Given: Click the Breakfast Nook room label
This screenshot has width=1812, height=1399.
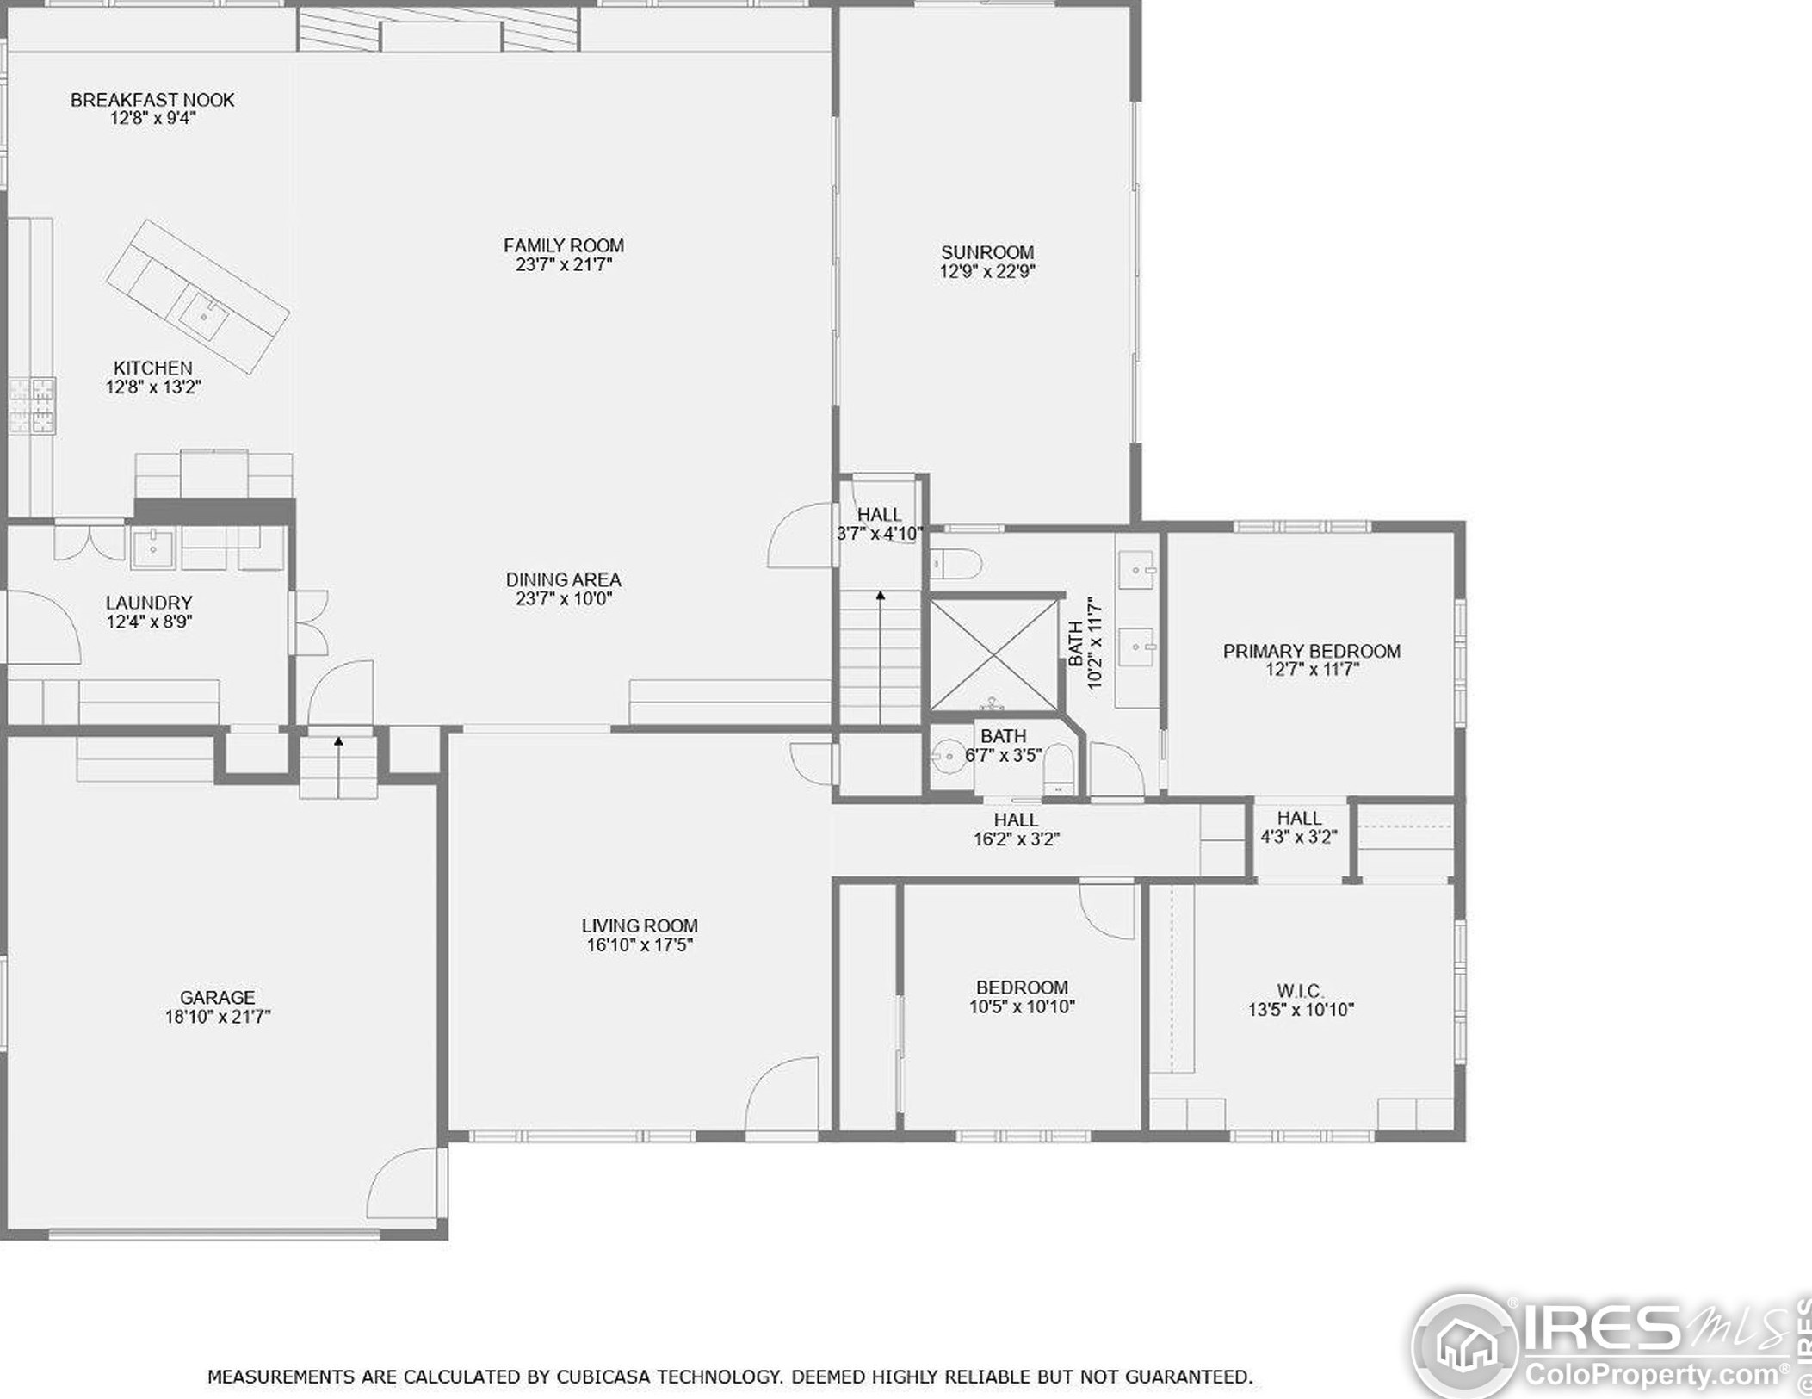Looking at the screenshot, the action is (152, 100).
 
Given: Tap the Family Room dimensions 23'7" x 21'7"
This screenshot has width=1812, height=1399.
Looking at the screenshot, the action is (564, 265).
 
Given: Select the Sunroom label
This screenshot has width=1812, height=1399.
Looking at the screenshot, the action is (987, 252).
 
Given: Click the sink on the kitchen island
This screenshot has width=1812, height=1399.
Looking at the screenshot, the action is (205, 316).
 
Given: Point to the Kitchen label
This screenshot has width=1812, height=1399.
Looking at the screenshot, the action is (153, 368).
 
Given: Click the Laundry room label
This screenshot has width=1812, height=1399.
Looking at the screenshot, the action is (149, 603).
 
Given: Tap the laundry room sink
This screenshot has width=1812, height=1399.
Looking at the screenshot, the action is (153, 548).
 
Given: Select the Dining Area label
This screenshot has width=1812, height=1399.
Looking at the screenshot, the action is (564, 579).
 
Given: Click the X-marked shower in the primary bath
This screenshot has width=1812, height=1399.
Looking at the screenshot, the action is (994, 655).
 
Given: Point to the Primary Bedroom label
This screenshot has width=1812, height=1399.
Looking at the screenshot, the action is (1312, 651).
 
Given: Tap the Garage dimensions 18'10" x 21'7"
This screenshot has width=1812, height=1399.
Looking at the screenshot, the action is (218, 1017).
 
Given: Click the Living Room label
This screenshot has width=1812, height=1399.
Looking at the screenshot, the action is (640, 925).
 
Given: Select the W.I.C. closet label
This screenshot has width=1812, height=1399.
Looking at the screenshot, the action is (1301, 991).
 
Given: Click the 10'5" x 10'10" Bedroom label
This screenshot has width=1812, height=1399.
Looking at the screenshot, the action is (1022, 997).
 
